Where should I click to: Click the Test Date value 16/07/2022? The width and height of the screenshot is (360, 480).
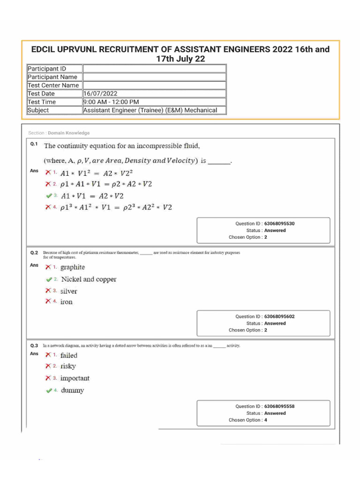pos(100,94)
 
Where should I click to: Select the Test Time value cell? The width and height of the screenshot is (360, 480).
pos(111,102)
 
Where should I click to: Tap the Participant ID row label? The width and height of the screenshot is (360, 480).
pos(47,69)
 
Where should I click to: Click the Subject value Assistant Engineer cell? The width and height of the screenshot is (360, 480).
pos(150,111)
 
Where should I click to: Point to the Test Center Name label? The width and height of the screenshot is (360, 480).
pos(53,85)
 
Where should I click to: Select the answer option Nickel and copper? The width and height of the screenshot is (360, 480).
pos(89,279)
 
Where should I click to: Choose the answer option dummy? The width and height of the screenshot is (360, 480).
pos(72,390)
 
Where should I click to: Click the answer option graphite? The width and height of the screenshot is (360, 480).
pos(73,267)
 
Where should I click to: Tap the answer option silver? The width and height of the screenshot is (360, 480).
pos(68,291)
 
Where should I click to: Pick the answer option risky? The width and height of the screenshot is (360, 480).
pos(68,367)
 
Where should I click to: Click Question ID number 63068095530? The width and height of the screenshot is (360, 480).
pos(279,224)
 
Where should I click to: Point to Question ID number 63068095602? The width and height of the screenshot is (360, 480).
pos(279,317)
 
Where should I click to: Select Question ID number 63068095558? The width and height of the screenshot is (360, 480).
pos(279,407)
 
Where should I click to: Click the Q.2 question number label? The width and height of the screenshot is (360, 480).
pos(34,253)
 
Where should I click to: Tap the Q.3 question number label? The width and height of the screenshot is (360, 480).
pos(34,345)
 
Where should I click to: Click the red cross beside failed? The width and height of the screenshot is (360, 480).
pos(48,355)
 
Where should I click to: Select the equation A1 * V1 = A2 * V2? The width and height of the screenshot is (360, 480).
pos(92,196)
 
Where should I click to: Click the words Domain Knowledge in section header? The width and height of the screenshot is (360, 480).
pos(68,133)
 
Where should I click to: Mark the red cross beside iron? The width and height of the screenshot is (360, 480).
pos(48,302)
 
